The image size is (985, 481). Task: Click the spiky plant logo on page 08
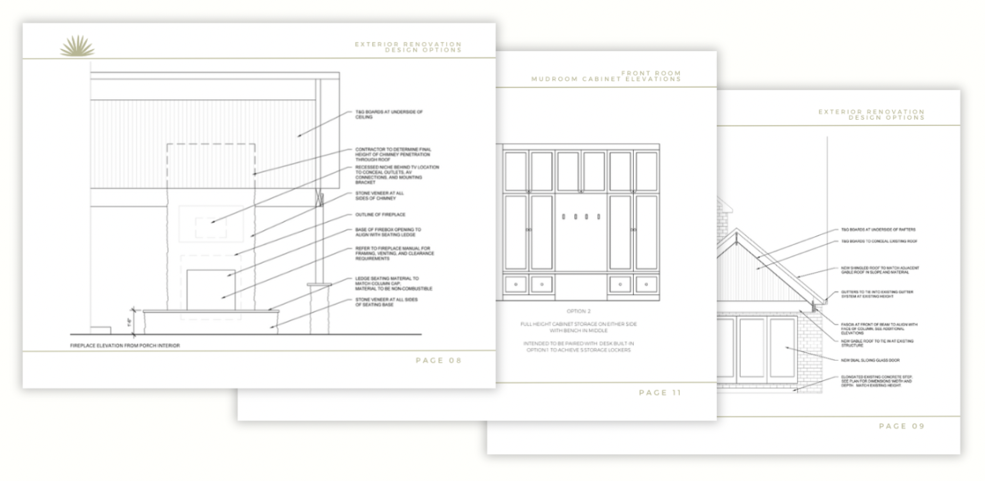point(77,47)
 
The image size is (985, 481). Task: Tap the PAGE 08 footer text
point(438,361)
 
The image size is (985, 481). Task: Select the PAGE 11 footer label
point(659,393)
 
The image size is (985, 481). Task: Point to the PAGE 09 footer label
point(901,426)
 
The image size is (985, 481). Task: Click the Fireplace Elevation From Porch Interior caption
point(125,346)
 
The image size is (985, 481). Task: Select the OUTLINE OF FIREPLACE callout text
point(381,214)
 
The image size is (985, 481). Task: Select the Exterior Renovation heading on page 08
point(408,47)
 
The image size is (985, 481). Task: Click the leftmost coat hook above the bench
point(563,216)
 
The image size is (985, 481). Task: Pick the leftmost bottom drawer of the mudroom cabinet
point(515,283)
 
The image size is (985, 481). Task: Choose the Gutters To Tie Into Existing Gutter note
point(872,294)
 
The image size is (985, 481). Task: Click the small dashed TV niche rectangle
point(210,229)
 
